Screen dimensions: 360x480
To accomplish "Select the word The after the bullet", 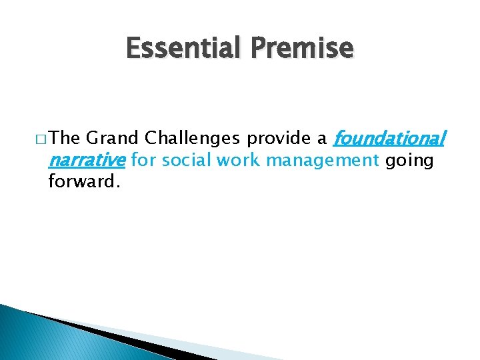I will [65, 139].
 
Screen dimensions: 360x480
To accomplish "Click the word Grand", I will [113, 139].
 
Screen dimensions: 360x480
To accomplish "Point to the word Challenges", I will [193, 139].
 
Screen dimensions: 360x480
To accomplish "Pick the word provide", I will [279, 139].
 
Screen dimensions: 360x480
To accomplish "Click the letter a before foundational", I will [322, 139].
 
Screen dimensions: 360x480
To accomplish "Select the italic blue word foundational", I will [388, 139].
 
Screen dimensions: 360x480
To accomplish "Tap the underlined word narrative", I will [87, 160].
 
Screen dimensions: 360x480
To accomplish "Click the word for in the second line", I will [142, 160].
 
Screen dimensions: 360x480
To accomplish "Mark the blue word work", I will [234, 160].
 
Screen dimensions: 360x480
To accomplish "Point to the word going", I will [409, 161].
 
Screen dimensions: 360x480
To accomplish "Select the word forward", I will [81, 181].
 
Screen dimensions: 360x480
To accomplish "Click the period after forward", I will [117, 186].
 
